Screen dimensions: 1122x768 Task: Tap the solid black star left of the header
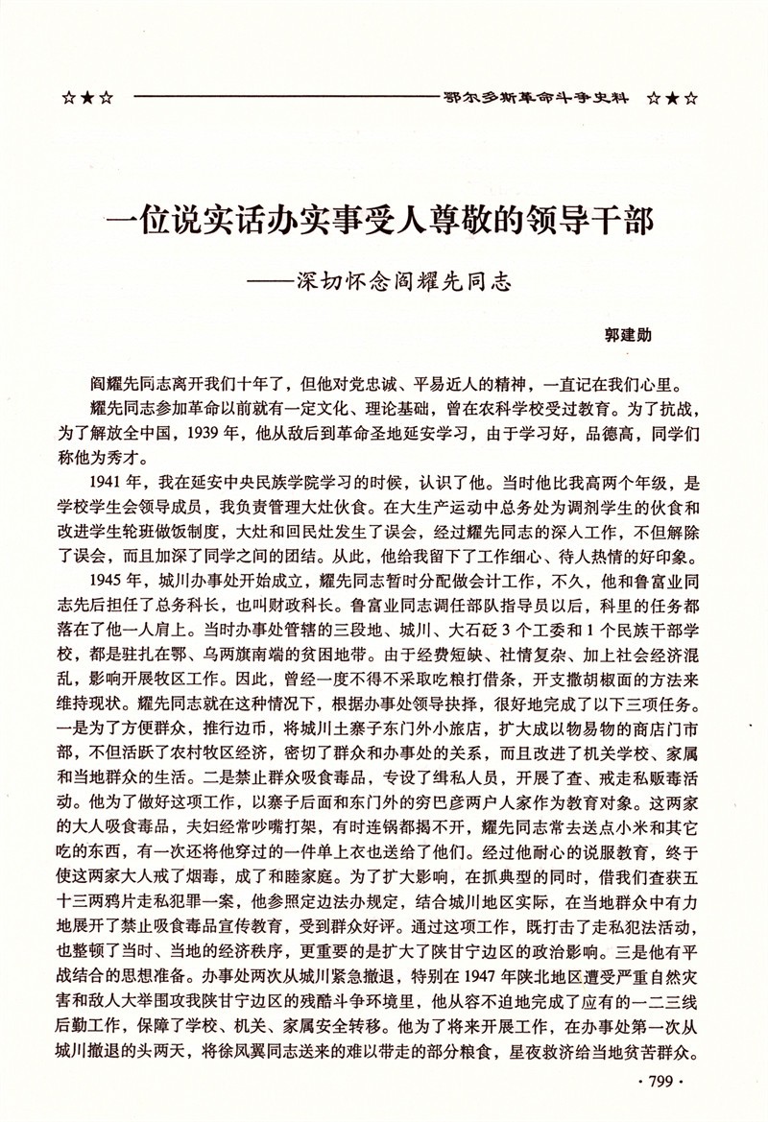(x=85, y=98)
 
